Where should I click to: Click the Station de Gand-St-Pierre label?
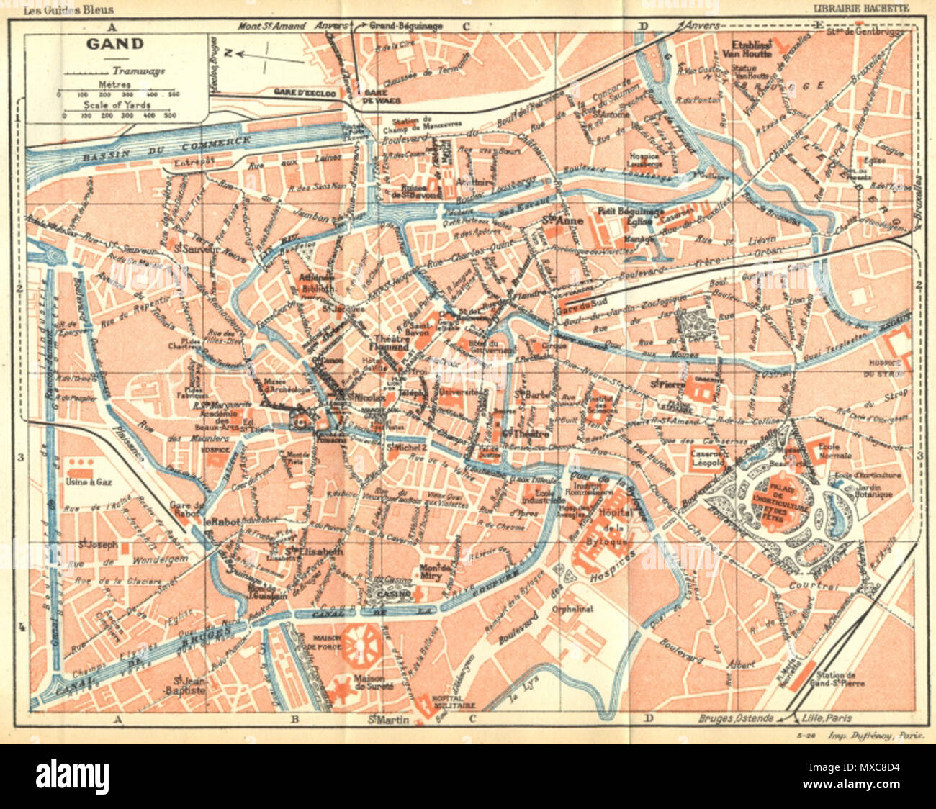pyautogui.click(x=837, y=679)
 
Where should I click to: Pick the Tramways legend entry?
pyautogui.click(x=138, y=71)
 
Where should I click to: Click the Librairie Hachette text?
pyautogui.click(x=860, y=9)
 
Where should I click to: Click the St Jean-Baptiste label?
pyautogui.click(x=189, y=684)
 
